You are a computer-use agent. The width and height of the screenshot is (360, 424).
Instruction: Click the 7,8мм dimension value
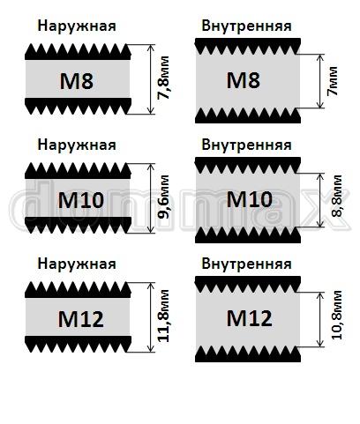(x=163, y=78)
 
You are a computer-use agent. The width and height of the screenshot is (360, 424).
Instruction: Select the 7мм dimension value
(x=332, y=81)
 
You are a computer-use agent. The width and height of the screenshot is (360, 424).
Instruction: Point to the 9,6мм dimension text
(x=163, y=197)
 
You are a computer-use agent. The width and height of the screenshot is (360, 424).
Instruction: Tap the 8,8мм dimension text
(x=336, y=196)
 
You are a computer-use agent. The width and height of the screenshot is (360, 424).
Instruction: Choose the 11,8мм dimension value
(x=163, y=316)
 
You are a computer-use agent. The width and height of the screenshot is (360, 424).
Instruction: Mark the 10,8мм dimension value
(x=336, y=315)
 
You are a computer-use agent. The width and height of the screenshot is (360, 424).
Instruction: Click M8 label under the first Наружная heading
(x=77, y=81)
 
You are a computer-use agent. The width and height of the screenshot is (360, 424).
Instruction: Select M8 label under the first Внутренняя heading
(x=244, y=80)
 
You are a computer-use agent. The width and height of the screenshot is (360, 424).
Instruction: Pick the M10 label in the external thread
(x=81, y=200)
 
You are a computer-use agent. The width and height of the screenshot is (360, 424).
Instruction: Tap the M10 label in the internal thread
(x=250, y=199)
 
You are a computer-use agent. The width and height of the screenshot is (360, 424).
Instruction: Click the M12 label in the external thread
(x=81, y=319)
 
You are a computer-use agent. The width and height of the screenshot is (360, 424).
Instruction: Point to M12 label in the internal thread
(x=250, y=318)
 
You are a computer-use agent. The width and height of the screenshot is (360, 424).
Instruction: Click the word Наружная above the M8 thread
(x=77, y=26)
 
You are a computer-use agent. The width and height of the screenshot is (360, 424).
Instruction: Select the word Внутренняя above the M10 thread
(x=246, y=145)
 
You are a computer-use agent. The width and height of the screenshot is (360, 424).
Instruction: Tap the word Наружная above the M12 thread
(x=77, y=264)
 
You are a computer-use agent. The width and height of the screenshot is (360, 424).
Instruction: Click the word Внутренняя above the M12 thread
(x=246, y=264)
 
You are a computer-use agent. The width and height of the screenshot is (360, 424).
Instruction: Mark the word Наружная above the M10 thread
(x=77, y=145)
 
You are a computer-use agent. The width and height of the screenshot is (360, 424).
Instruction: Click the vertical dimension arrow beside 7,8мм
(x=151, y=79)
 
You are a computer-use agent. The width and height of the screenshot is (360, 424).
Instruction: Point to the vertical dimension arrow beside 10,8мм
(x=320, y=319)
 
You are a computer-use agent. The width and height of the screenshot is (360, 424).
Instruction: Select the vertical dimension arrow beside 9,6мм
(x=151, y=198)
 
